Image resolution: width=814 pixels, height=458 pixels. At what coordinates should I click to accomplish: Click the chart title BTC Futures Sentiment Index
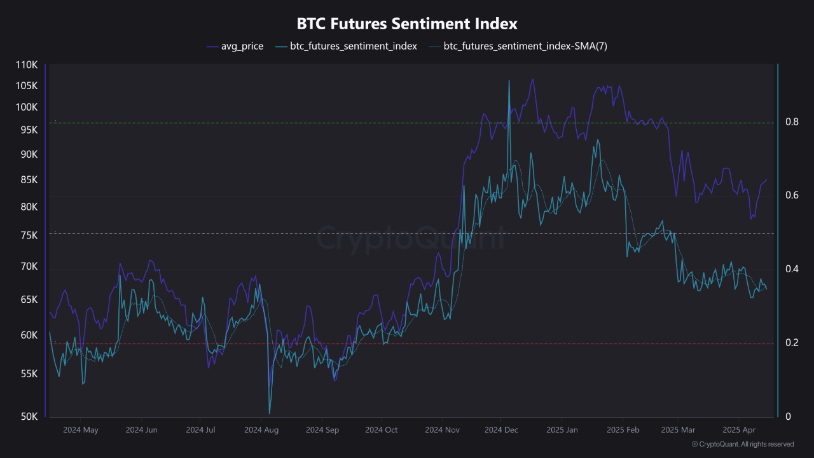tap(407, 24)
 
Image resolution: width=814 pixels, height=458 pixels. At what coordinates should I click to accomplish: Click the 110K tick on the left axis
tap(27, 65)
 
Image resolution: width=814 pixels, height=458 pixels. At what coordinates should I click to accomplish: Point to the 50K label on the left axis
tap(29, 417)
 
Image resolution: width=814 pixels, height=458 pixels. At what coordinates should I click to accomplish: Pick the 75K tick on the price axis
tap(29, 235)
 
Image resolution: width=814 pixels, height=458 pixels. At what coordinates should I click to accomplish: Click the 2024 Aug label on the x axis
tap(261, 430)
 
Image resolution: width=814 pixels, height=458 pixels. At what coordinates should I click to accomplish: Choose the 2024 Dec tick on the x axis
tap(501, 430)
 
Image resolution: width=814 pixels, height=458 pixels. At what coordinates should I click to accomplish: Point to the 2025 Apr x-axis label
tap(738, 430)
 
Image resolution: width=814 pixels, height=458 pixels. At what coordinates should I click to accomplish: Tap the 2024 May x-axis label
tap(81, 430)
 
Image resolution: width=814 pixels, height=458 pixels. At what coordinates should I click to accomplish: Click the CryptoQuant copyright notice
tap(742, 444)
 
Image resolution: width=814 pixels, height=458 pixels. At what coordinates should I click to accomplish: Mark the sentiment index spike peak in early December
tap(509, 81)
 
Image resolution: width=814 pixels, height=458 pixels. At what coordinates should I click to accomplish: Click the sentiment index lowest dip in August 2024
tap(270, 413)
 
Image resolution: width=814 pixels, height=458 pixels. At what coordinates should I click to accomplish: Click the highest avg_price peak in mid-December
tap(532, 80)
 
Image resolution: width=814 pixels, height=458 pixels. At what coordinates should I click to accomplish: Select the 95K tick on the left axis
tap(29, 130)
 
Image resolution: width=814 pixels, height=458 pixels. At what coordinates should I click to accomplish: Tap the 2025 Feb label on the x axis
tap(623, 430)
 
